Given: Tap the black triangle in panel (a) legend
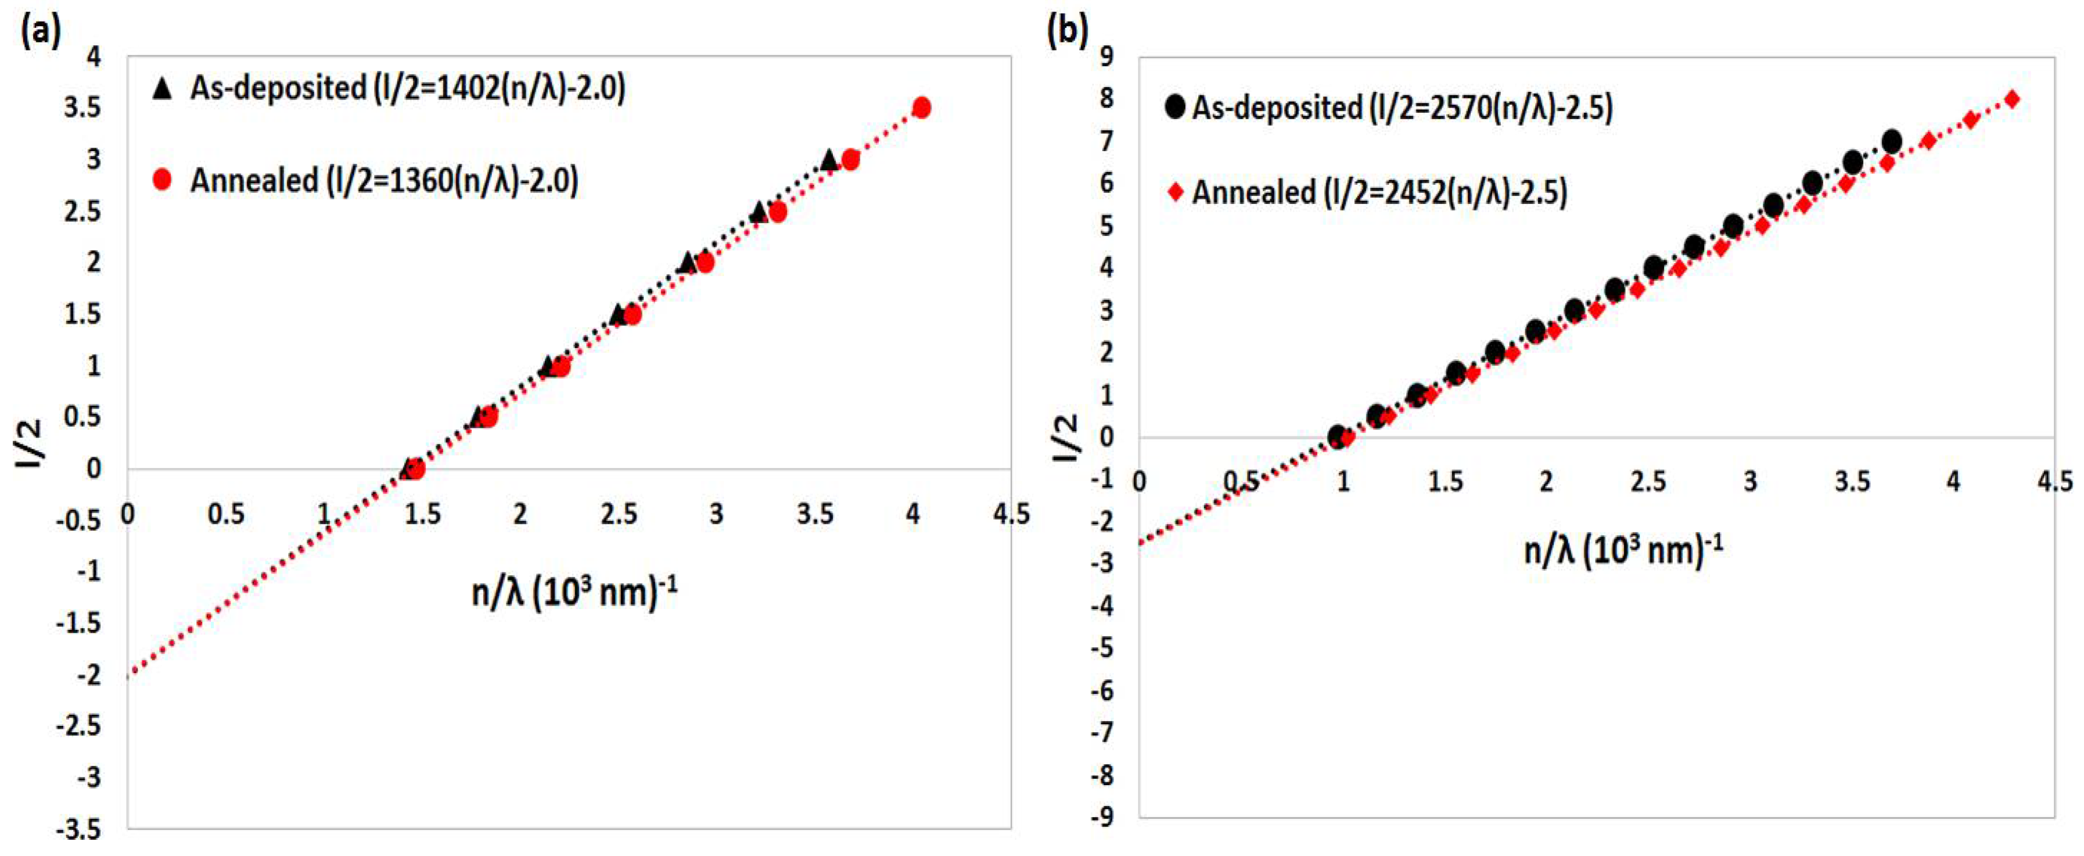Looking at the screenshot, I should click(163, 88).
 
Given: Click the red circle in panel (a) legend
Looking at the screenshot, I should click(163, 180).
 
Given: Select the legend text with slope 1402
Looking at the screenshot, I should click(408, 88).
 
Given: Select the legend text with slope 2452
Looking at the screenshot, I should click(1379, 192).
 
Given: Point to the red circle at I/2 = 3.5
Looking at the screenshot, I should click(921, 108).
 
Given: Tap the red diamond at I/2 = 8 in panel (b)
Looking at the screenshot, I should click(2012, 99).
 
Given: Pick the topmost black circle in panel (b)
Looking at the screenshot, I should click(1891, 142).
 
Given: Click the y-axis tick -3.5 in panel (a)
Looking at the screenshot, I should click(79, 829).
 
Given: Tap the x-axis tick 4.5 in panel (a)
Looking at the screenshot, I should click(1011, 514).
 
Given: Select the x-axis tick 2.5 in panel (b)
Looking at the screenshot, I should click(1648, 482).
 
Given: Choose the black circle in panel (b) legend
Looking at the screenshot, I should click(1176, 107).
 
